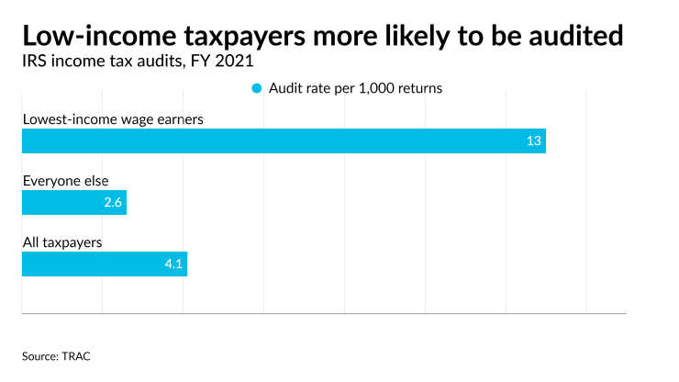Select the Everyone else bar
[73, 203]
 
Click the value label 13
[533, 141]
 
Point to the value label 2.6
[113, 203]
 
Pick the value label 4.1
[174, 264]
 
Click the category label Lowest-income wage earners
[112, 119]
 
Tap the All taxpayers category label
[61, 242]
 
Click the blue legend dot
[257, 88]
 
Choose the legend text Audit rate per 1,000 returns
[357, 88]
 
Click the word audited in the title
[573, 36]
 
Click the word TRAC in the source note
[76, 355]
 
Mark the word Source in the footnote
[39, 355]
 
